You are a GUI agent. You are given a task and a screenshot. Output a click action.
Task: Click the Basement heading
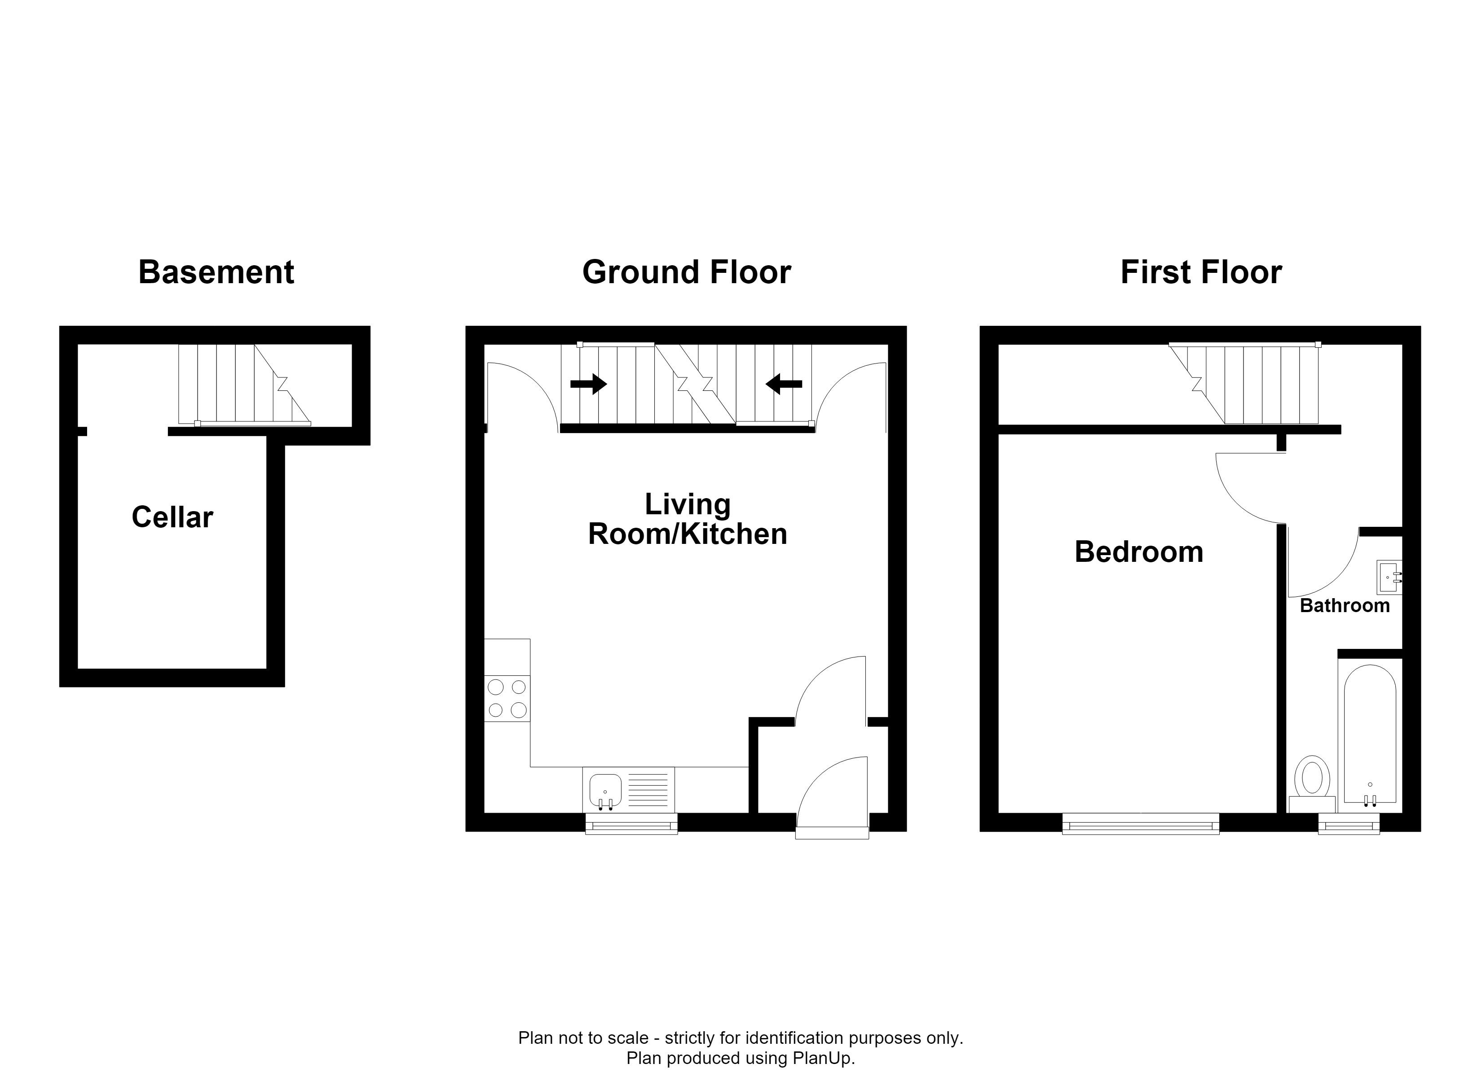coord(216,272)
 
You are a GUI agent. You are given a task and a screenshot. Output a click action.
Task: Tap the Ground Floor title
coord(686,272)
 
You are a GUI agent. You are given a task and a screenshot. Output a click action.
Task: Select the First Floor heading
coord(1201,272)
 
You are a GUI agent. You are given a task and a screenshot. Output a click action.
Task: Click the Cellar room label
coord(172,517)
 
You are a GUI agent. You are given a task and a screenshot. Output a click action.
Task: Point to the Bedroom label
coord(1139,552)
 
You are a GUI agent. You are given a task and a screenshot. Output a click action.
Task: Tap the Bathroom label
coord(1345,605)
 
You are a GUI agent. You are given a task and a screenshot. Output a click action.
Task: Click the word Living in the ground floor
coord(688,505)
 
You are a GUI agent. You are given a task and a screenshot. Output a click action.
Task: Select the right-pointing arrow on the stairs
coord(589,384)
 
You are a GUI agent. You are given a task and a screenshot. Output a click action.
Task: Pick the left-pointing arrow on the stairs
coord(784,384)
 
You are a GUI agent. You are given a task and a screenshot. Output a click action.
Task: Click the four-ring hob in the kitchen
coord(507,699)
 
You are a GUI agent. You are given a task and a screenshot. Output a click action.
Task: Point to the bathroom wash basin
coord(1389,578)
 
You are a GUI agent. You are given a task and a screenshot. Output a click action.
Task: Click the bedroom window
coord(1141,823)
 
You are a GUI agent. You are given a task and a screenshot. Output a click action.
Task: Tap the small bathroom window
coord(1349,823)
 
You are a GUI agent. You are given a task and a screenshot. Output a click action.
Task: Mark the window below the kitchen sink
coord(631,823)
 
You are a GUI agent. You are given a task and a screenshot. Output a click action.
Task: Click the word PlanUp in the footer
coord(822,1058)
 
